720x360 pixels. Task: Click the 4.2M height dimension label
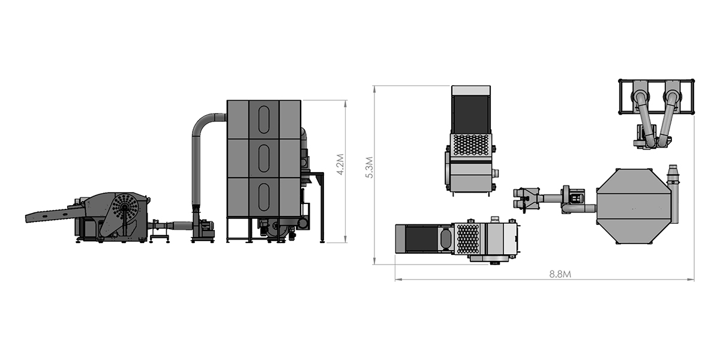point(340,164)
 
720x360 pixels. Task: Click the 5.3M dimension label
point(370,167)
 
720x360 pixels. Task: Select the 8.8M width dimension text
point(560,274)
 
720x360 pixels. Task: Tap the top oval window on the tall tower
point(264,119)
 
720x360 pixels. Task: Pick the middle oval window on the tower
point(264,158)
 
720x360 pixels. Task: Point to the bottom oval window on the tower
point(264,197)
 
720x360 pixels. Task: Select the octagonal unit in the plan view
point(633,206)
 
